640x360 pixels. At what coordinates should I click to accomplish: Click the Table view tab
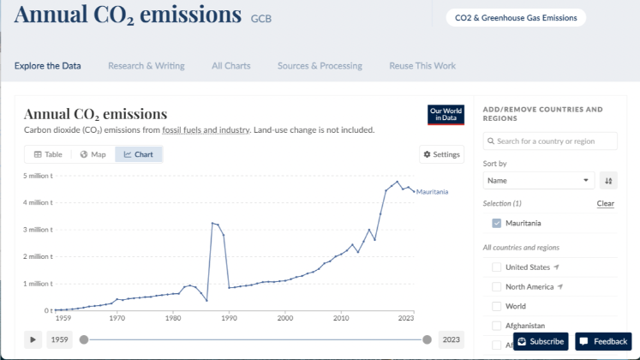(x=48, y=154)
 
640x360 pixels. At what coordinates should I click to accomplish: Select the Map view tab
(x=93, y=154)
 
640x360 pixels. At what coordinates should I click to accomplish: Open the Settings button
(x=442, y=154)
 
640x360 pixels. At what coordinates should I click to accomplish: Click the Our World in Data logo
(x=446, y=115)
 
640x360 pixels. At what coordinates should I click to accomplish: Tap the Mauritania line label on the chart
(x=432, y=192)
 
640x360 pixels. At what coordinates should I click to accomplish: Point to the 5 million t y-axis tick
(x=38, y=176)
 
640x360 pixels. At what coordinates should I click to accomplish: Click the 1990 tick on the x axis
(x=229, y=317)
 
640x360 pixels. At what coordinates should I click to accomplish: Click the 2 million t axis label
(x=38, y=256)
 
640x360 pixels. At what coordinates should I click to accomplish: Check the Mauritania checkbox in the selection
(x=497, y=223)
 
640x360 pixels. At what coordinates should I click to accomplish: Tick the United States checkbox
(x=497, y=267)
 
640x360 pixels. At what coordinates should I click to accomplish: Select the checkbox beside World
(x=497, y=306)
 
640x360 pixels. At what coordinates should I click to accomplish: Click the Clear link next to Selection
(x=605, y=203)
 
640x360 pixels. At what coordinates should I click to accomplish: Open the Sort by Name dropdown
(x=538, y=181)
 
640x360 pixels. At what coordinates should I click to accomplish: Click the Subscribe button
(x=541, y=341)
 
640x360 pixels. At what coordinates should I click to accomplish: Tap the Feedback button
(x=603, y=341)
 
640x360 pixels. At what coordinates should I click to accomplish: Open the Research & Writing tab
(x=146, y=66)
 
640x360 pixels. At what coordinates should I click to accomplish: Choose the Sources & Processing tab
(x=320, y=66)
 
